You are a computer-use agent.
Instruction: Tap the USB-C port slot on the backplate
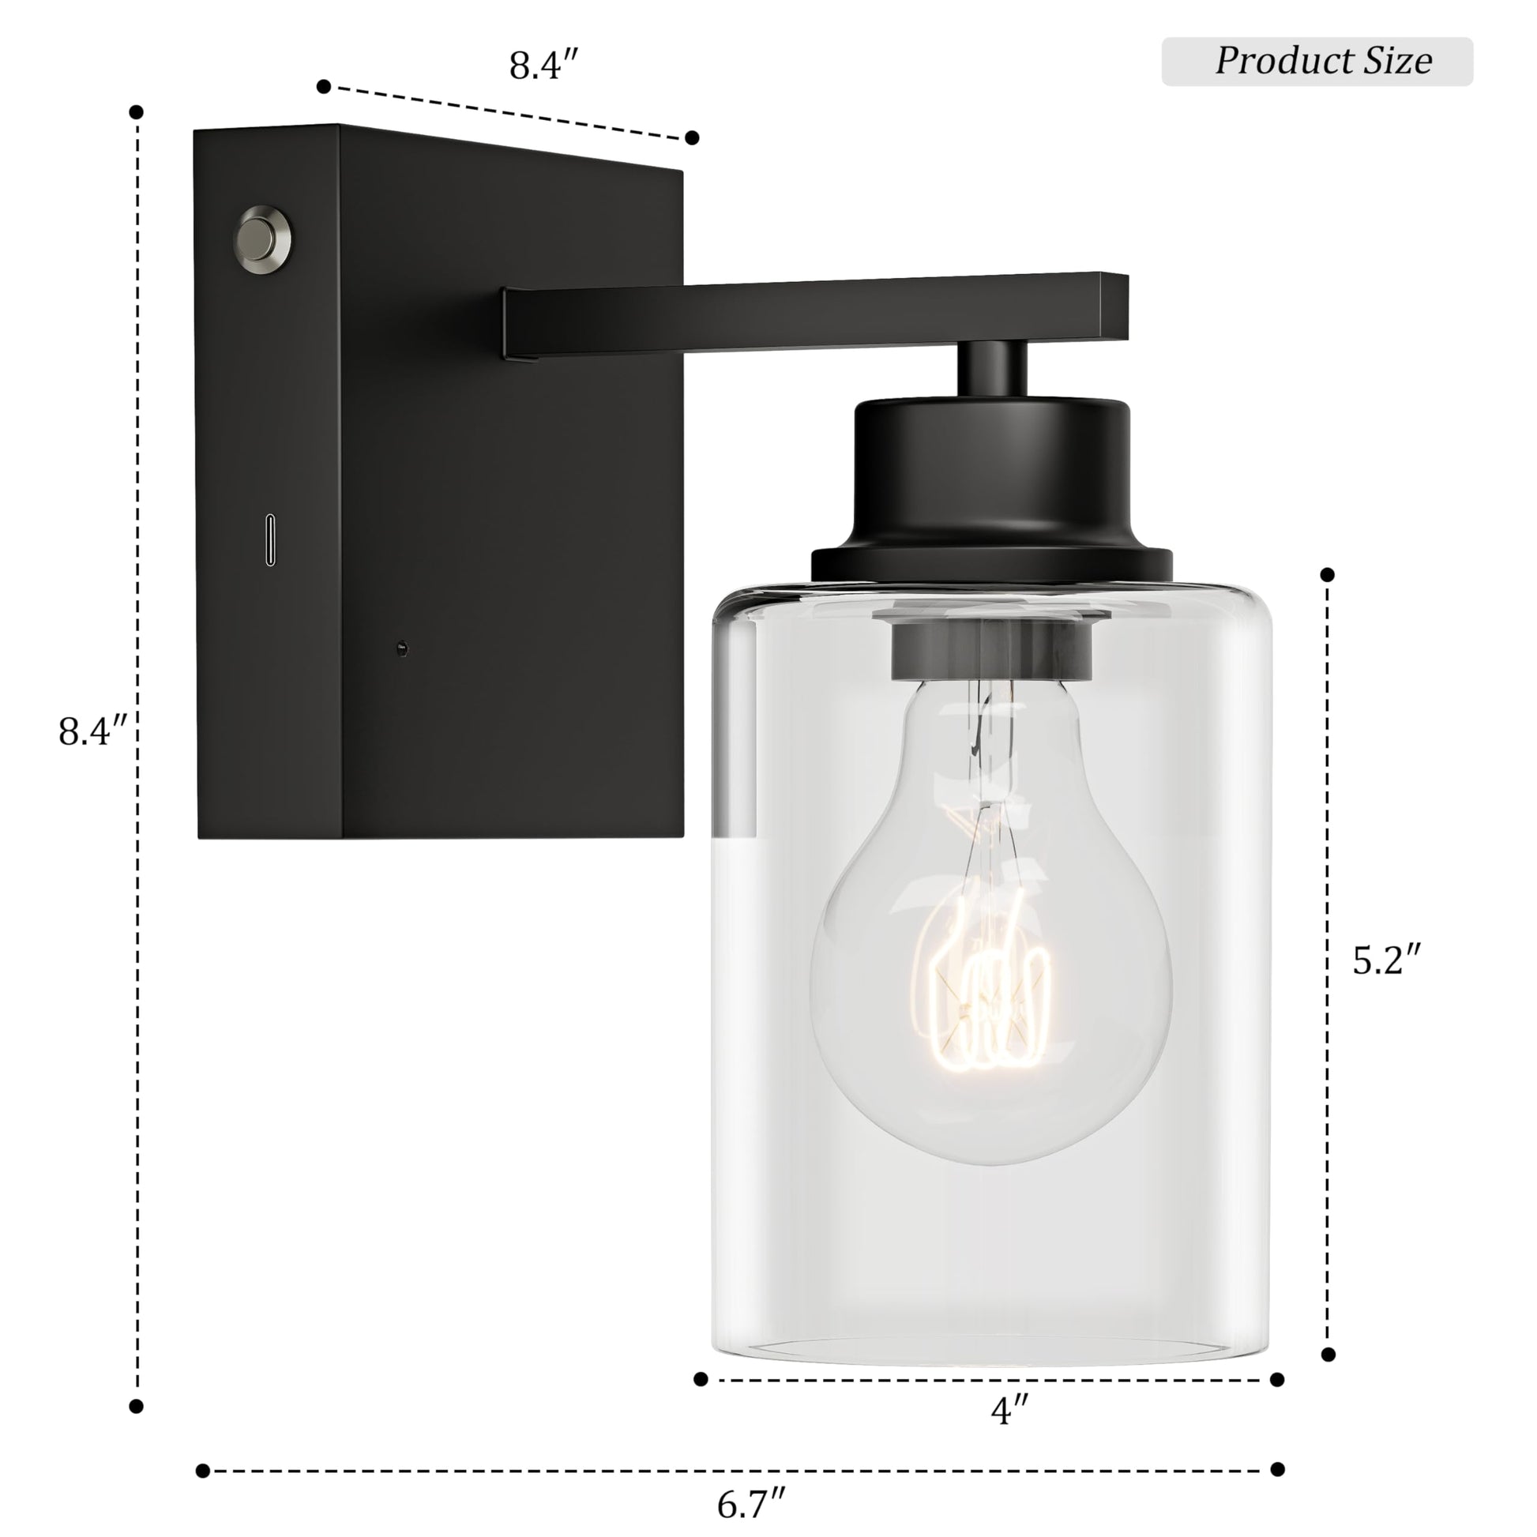pyautogui.click(x=271, y=540)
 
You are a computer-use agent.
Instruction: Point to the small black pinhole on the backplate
pyautogui.click(x=403, y=649)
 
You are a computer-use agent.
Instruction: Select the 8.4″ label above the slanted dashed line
pyautogui.click(x=544, y=66)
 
